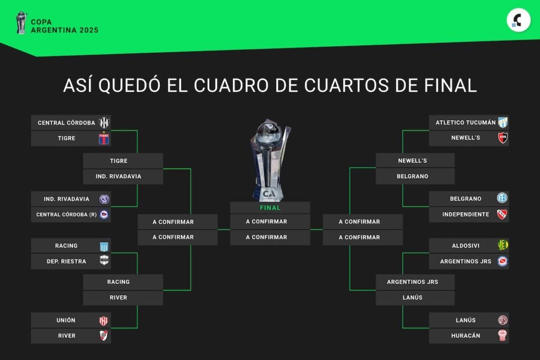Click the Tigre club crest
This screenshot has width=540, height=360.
pos(104,138)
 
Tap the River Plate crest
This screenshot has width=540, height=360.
pos(103,336)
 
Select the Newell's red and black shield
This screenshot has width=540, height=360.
pos(503,138)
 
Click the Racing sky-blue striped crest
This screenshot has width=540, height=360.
pos(104,247)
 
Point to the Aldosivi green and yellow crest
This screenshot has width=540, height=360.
pos(503,245)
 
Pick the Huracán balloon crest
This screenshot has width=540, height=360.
pos(503,335)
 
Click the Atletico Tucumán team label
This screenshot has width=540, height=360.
pos(465,122)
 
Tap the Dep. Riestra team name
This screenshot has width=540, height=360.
pos(66,261)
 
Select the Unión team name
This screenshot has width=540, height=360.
pos(66,320)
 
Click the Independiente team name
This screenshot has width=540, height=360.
pos(466,215)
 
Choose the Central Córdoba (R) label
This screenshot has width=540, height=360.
pos(66,215)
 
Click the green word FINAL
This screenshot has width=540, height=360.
pos(270,208)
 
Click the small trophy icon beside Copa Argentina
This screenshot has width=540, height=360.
pos(21,23)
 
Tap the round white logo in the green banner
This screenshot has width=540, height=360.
pos(518,21)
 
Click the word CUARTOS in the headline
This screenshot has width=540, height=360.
pos(346,85)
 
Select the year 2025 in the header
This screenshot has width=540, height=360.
pos(89,30)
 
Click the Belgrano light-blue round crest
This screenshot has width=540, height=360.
pos(503,198)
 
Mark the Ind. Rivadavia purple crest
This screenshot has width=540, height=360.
pos(104,199)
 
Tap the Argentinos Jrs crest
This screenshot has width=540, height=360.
pos(503,261)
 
